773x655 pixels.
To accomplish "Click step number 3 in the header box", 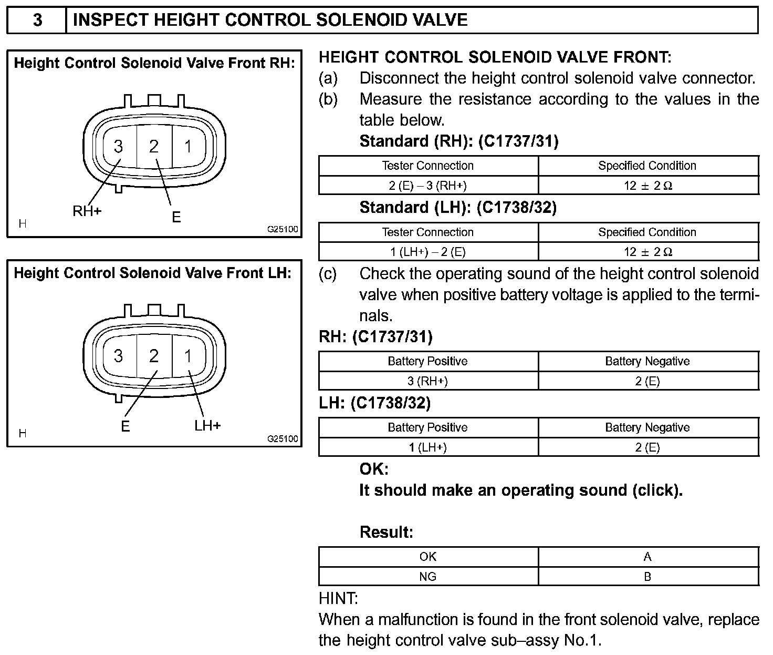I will point(37,20).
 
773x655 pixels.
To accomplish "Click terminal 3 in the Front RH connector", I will point(119,146).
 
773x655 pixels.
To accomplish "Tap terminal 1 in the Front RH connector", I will point(189,146).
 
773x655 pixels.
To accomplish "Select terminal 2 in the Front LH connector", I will point(153,356).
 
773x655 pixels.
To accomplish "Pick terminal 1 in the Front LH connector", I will point(189,356).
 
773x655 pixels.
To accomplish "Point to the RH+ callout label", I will point(87,211).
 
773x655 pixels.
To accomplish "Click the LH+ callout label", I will point(208,425).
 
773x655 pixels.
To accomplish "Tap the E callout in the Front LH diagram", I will point(125,426).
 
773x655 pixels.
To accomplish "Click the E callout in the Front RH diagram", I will point(176,217).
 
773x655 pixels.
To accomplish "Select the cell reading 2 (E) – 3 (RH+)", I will point(428,185).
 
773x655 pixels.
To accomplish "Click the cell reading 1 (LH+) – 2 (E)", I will point(428,252).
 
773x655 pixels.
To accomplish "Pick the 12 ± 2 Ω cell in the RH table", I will point(648,185).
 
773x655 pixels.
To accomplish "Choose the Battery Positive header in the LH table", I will point(428,427).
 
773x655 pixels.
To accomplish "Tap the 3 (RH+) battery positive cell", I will point(428,381).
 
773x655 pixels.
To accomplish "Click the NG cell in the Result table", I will point(428,577).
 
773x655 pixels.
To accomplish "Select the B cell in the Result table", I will point(648,577).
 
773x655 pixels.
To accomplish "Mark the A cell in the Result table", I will point(648,557).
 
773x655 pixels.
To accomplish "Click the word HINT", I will point(339,598).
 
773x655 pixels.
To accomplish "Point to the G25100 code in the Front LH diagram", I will point(283,439).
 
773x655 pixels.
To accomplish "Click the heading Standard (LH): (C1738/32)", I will point(458,208).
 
